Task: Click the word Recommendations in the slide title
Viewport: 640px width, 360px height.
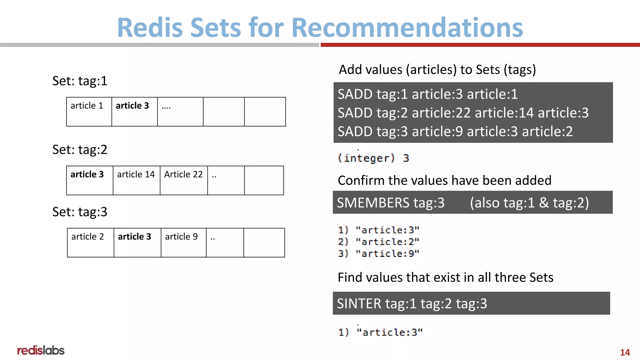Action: [x=407, y=27]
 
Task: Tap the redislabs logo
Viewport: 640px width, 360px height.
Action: [x=41, y=350]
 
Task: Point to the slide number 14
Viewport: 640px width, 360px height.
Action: [x=625, y=352]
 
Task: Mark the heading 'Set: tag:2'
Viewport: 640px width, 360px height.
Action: [x=80, y=150]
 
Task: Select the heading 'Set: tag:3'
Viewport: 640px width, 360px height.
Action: [x=80, y=212]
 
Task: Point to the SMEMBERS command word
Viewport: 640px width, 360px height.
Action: [x=373, y=203]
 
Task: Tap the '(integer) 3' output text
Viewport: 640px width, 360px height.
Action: [x=373, y=158]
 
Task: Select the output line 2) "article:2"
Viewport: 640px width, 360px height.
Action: [x=378, y=242]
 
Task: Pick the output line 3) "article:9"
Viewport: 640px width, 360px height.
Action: [x=378, y=253]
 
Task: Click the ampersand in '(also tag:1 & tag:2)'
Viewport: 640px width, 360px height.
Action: [x=544, y=203]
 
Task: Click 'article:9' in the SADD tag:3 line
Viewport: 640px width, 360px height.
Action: [x=437, y=132]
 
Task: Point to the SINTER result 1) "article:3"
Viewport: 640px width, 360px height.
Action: [x=380, y=332]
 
